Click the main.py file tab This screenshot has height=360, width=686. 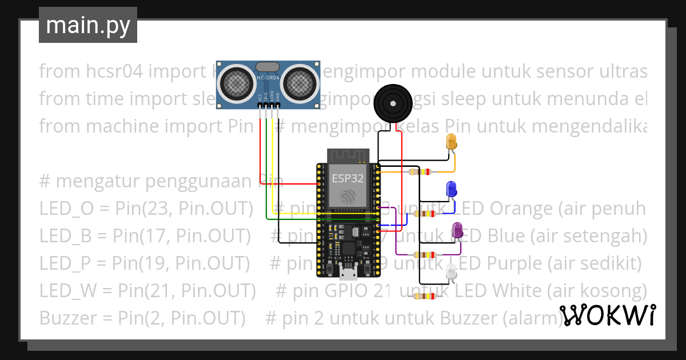pos(87,26)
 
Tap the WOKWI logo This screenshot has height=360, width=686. pos(608,315)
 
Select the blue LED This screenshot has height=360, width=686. pos(451,189)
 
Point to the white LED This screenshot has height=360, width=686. pos(452,273)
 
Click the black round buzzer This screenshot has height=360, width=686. pos(392,103)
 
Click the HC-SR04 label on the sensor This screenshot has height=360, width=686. pos(268,78)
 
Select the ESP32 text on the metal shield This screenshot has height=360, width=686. pos(348,178)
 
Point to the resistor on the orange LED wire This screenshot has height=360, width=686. pos(420,171)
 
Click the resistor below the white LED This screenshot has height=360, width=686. pos(424,296)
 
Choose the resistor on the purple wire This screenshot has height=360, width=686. pos(424,255)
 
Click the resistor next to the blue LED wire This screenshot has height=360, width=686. pos(424,214)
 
